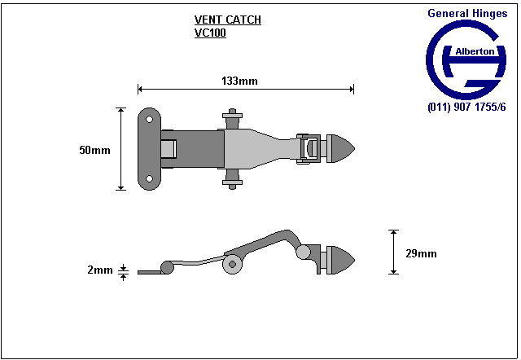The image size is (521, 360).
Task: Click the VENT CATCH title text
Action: tap(228, 20)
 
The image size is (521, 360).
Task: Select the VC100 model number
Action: tap(210, 34)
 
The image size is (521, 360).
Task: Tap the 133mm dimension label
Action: tap(239, 81)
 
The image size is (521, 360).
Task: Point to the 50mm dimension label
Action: tap(94, 151)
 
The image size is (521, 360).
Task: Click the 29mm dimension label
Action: tap(421, 253)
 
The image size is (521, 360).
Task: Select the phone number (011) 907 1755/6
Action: tap(466, 107)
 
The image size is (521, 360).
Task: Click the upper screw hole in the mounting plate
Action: tap(149, 118)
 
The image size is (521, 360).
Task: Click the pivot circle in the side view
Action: tap(233, 263)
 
